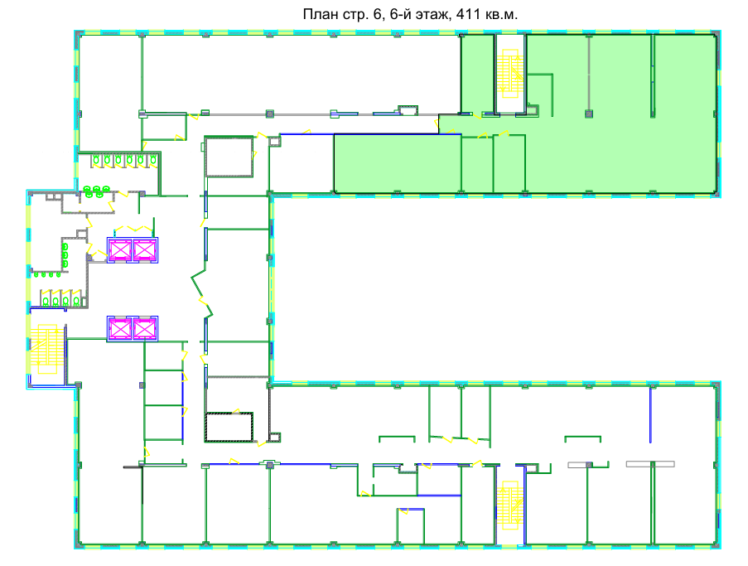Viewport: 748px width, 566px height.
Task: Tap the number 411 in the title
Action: click(x=468, y=14)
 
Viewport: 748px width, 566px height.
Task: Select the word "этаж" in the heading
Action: click(x=433, y=15)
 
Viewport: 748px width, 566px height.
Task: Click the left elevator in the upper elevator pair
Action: click(x=120, y=250)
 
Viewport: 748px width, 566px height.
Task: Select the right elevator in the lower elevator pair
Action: click(x=144, y=328)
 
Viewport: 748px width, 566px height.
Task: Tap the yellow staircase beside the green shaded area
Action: click(x=510, y=74)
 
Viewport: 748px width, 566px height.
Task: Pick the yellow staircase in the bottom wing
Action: click(x=510, y=506)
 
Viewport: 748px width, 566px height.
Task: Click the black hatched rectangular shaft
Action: click(x=229, y=427)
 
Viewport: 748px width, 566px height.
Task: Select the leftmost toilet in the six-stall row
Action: click(x=96, y=160)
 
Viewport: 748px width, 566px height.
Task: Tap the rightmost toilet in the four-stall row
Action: click(x=76, y=301)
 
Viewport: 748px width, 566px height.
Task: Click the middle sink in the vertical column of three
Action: click(x=65, y=255)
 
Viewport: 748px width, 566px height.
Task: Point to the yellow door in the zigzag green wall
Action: click(x=204, y=302)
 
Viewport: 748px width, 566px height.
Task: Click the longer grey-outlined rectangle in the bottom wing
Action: click(x=650, y=464)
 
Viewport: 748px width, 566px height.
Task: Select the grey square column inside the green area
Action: click(x=589, y=114)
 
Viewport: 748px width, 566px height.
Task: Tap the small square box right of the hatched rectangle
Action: click(x=274, y=438)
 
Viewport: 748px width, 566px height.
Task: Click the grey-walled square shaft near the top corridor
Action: click(x=229, y=157)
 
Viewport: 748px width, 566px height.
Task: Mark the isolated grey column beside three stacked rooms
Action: click(x=142, y=385)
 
